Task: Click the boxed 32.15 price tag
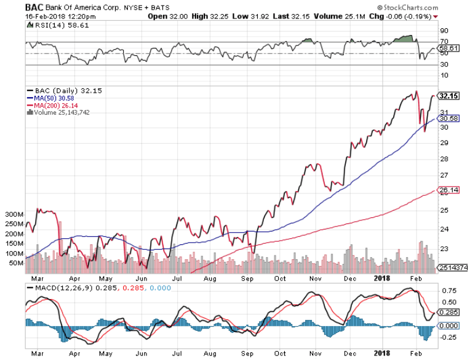[447, 96]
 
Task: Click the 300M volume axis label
[13, 215]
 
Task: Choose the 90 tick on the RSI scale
[442, 30]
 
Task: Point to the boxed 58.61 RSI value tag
[447, 47]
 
